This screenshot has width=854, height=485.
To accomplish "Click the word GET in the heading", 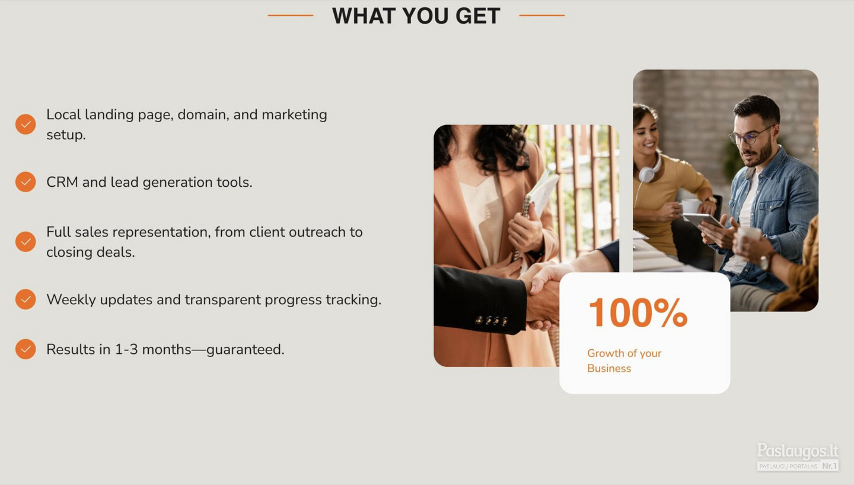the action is click(478, 16).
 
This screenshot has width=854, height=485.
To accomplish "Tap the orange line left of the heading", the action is click(291, 15).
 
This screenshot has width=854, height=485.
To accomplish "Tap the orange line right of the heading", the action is click(542, 15).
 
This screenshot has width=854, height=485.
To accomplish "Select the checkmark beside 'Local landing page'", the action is click(26, 125).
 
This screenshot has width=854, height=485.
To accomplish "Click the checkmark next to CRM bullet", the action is click(26, 182).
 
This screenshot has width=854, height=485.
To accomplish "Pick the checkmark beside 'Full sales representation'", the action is click(26, 242).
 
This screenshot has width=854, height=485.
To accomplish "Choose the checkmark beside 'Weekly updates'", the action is click(26, 299).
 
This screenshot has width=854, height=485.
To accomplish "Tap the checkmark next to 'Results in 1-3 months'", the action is click(26, 349).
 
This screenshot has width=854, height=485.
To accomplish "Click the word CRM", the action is click(62, 182).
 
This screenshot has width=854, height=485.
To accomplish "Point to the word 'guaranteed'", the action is click(245, 350).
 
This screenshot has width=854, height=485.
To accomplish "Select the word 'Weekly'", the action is click(71, 300).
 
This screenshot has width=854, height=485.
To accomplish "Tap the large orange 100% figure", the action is click(638, 312).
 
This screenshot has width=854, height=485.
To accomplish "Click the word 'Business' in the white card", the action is click(609, 368).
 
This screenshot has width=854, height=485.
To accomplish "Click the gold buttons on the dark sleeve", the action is click(492, 321).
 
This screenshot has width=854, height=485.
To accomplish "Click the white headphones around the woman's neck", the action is click(649, 170).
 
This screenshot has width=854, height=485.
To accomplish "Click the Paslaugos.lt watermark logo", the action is click(798, 457).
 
